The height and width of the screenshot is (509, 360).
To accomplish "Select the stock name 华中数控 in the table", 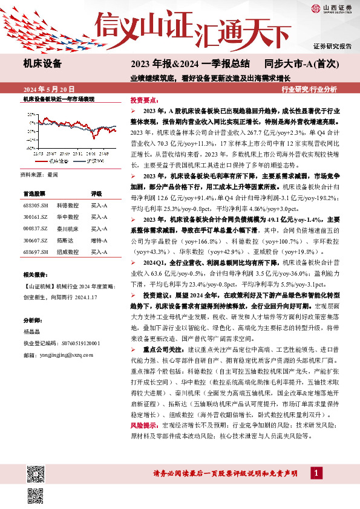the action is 68,217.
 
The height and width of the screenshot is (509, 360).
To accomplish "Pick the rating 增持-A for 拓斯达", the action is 99,240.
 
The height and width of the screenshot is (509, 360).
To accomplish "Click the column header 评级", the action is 96,194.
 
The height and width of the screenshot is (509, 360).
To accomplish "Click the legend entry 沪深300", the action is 94,161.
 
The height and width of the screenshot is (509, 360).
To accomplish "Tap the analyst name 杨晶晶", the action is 33,332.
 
